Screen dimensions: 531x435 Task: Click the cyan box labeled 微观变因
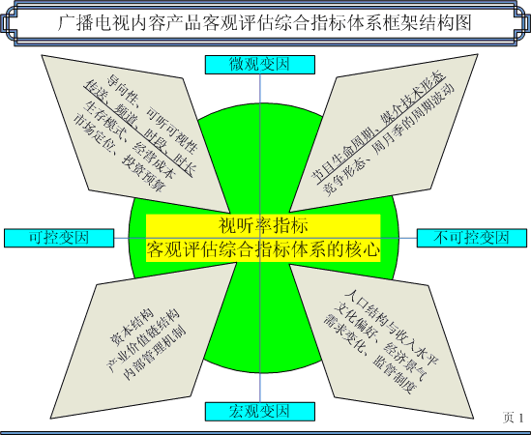click(260, 65)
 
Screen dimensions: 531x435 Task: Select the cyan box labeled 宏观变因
click(260, 411)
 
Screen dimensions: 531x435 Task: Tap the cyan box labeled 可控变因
click(59, 238)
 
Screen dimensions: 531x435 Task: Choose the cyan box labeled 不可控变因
click(472, 238)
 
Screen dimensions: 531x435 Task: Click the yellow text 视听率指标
click(263, 225)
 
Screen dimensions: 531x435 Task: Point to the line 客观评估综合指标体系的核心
click(263, 250)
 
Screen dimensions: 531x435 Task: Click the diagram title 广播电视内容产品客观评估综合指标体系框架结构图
click(264, 23)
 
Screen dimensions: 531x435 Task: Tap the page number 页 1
click(513, 418)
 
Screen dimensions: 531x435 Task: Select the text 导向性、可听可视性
click(153, 113)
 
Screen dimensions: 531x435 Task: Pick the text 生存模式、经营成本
click(130, 139)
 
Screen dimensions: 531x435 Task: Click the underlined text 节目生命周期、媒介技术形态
click(378, 130)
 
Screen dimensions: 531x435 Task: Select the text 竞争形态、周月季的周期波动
click(388, 139)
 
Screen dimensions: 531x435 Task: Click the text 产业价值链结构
click(142, 341)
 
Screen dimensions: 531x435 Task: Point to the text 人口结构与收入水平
click(392, 328)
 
